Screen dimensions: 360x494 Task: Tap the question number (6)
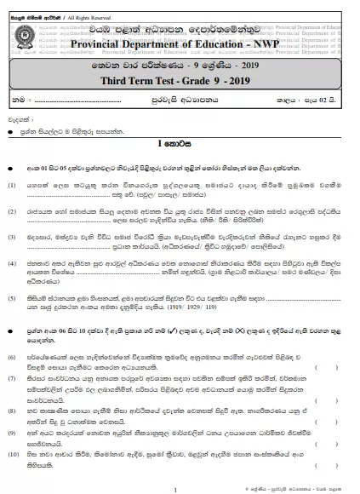point(12,374)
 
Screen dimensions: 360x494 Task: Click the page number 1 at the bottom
point(175,487)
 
